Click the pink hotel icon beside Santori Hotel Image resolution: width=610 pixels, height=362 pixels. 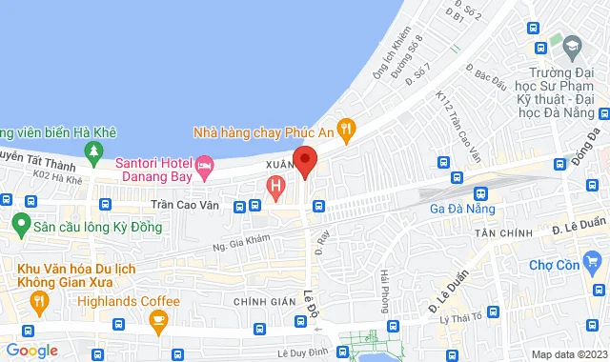pyautogui.click(x=204, y=168)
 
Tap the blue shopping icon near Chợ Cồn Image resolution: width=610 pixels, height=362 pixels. pyautogui.click(x=593, y=259)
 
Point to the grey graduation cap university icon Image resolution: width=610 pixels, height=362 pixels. pyautogui.click(x=572, y=44)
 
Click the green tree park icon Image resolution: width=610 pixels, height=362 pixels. pyautogui.click(x=92, y=150)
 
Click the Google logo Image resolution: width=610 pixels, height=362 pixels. pyautogui.click(x=31, y=351)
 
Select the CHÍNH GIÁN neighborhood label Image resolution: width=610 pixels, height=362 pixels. pyautogui.click(x=266, y=301)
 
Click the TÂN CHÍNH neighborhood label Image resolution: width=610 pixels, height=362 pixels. pyautogui.click(x=501, y=233)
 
